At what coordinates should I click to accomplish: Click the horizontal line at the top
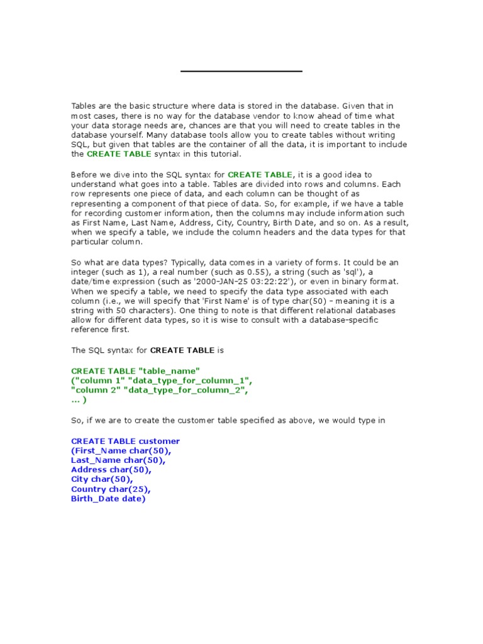pos(241,72)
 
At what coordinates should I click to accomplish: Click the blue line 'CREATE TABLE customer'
pos(125,441)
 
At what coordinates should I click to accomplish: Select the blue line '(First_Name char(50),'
pos(121,451)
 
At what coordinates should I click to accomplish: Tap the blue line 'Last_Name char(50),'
pos(118,460)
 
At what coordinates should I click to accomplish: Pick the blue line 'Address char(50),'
pos(111,470)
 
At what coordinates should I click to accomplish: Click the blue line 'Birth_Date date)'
pos(108,499)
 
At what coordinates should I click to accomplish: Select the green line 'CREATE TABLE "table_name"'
pos(135,371)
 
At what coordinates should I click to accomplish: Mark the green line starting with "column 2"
pos(160,391)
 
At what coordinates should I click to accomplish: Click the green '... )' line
pos(79,400)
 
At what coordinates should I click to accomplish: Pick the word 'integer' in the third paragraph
pos(85,272)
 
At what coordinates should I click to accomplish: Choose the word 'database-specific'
pos(344,320)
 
